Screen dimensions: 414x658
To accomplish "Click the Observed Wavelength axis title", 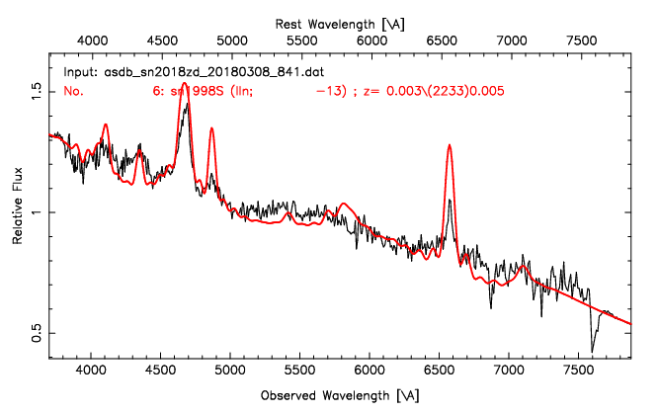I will [x=340, y=395].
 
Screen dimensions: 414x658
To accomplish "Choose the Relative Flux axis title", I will [x=16, y=212].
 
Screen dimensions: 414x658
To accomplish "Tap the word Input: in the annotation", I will [x=81, y=72].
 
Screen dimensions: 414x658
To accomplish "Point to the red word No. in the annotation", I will [x=74, y=90].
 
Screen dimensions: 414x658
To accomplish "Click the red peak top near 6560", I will [x=450, y=145].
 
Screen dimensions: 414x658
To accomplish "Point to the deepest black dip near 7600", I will [x=592, y=351].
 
